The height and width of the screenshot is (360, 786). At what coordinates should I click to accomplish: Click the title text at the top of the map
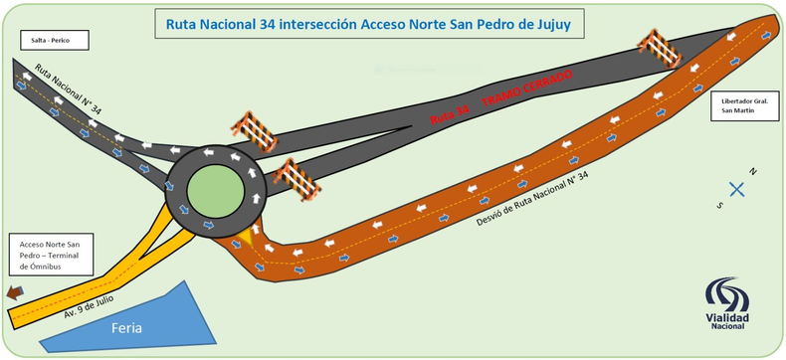click(362, 23)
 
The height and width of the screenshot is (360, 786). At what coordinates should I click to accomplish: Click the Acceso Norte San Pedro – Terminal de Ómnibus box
click(49, 255)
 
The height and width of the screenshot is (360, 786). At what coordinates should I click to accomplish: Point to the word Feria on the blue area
click(129, 326)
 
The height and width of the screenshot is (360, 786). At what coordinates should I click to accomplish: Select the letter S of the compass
click(719, 204)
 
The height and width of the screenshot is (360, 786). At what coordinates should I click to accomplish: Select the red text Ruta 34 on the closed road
click(450, 116)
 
